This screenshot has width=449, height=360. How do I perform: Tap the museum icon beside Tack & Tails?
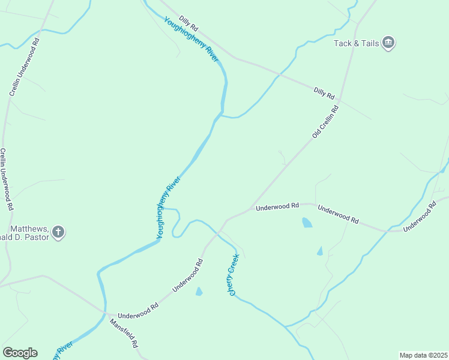[x=388, y=43]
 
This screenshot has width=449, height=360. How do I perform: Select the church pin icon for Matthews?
[x=58, y=232]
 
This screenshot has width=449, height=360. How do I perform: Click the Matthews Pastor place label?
[x=28, y=232]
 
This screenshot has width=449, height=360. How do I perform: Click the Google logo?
[x=20, y=353]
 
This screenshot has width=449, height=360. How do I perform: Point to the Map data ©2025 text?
[x=424, y=355]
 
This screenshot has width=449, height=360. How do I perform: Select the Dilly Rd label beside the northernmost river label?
[x=188, y=24]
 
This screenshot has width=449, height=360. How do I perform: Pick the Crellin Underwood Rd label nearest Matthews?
[x=6, y=179]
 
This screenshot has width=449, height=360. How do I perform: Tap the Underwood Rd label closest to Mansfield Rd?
[x=137, y=311]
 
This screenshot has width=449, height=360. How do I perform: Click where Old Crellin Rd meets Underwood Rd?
[x=250, y=209]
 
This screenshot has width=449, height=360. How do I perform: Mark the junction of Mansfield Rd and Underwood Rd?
[x=106, y=313]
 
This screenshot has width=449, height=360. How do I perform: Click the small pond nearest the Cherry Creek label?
[x=199, y=292]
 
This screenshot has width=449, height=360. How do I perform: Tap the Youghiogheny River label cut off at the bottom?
[x=63, y=350]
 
